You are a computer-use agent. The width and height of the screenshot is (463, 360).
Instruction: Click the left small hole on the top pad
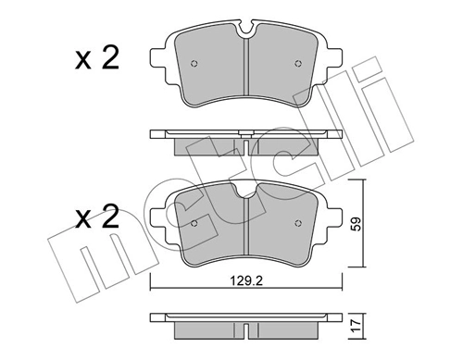pyautogui.click(x=194, y=64)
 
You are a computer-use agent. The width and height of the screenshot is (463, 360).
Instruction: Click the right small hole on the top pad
pyautogui.click(x=296, y=64)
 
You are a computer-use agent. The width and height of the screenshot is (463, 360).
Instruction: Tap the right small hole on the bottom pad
pyautogui.click(x=296, y=222)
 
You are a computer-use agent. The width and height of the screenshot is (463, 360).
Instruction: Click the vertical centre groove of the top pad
pyautogui.click(x=244, y=74)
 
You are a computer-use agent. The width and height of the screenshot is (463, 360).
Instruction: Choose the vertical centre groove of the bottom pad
pyautogui.click(x=244, y=231)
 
